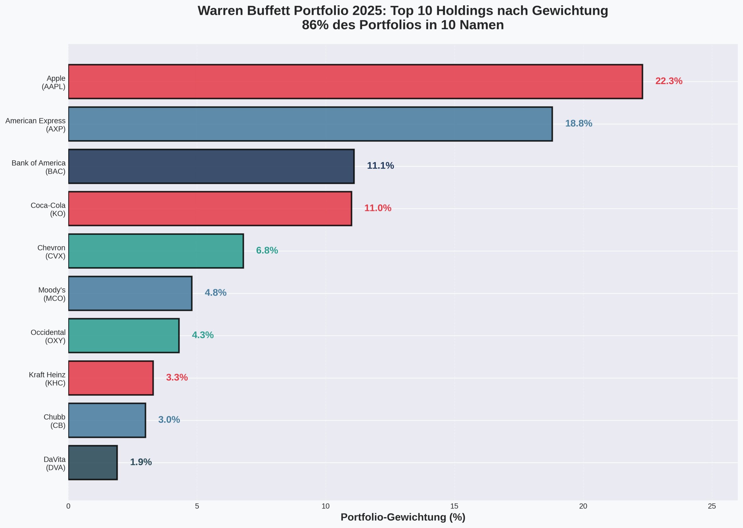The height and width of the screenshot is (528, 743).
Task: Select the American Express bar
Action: point(310,124)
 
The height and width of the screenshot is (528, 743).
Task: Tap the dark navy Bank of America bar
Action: point(211,167)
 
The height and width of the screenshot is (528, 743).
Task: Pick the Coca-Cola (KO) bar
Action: point(210,209)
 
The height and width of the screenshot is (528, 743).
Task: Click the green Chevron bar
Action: point(156,251)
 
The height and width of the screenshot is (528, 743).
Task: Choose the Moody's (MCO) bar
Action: point(130,293)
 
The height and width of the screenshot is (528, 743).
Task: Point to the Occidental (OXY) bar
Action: point(124,336)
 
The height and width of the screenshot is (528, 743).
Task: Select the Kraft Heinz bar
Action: point(111,378)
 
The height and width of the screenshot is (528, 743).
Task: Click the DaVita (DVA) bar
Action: point(93,462)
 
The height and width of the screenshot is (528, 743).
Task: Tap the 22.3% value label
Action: point(668,81)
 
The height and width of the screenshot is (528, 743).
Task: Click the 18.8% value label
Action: point(578,124)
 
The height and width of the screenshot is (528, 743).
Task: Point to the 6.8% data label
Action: point(267,251)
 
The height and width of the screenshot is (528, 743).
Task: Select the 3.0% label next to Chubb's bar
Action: point(169,420)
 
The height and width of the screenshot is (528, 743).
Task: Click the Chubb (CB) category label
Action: point(55,421)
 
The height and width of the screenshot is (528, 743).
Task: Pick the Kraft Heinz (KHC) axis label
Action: point(47,379)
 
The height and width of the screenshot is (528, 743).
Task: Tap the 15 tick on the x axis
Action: point(454,506)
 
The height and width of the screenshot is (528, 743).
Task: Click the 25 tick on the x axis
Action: point(712,506)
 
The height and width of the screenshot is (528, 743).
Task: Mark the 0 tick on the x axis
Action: point(68,506)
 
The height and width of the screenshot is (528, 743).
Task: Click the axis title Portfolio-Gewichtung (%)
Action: point(403,517)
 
